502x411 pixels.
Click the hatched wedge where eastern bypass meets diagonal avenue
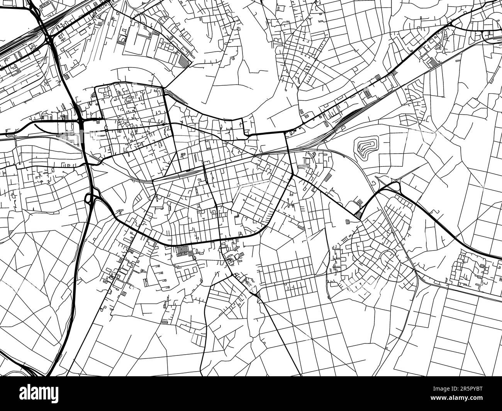tap(358, 214)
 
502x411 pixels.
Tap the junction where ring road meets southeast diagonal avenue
tap(292, 174)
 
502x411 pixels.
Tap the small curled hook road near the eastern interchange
tap(375, 181)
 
